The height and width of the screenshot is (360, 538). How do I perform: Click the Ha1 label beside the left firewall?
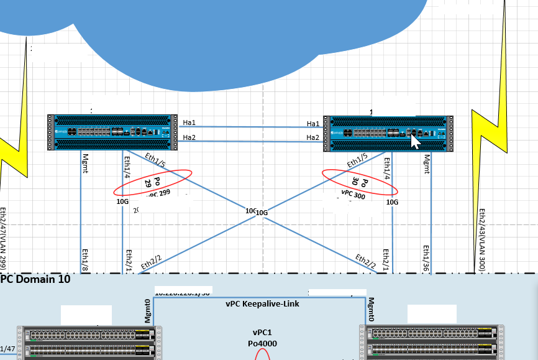pos(189,122)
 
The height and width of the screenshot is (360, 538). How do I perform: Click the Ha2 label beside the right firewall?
pos(313,137)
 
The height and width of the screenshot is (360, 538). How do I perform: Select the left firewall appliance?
pos(112,132)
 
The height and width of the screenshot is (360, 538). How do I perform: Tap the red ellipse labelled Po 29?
pos(153,182)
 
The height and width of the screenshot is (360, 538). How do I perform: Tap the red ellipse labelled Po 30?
pos(360,182)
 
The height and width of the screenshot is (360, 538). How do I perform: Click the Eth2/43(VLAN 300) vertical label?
pos(482,239)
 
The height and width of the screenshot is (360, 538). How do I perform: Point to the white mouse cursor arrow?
pos(415,142)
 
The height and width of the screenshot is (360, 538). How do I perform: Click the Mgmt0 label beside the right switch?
pos(371,309)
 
